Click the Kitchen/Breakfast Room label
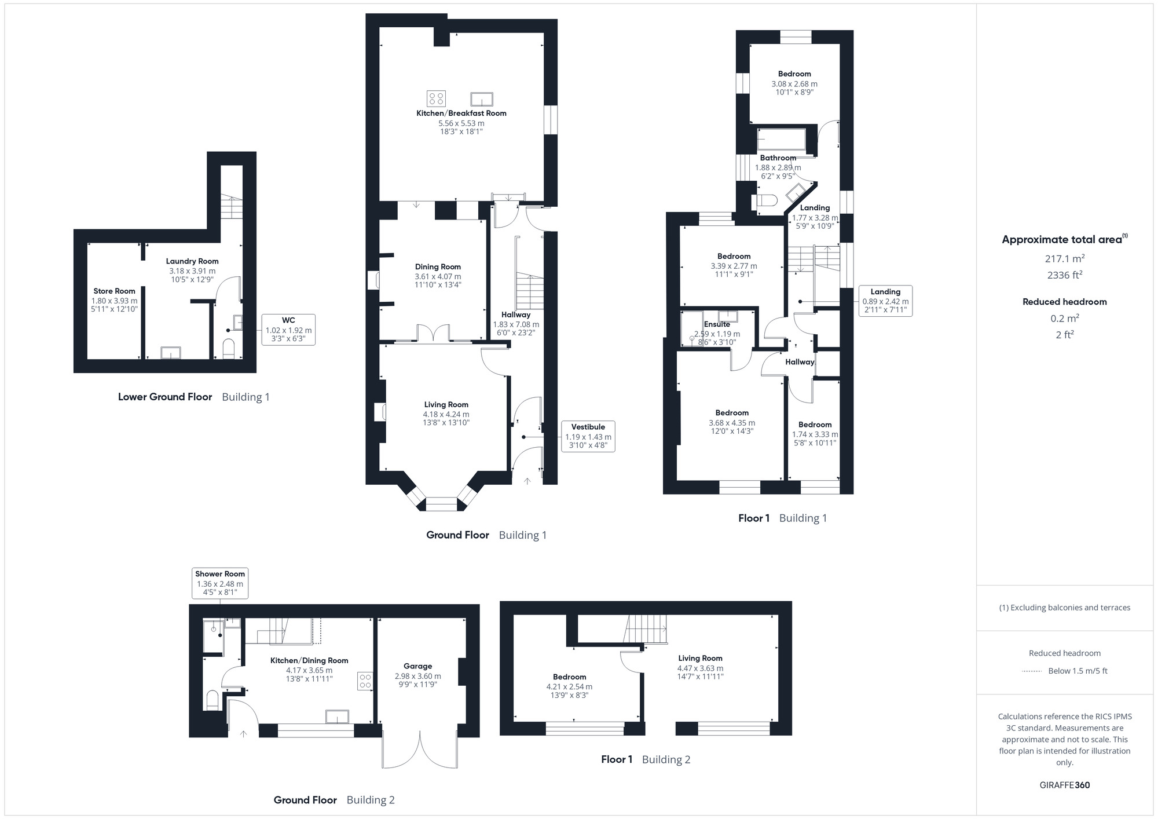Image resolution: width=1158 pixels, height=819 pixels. (x=461, y=113)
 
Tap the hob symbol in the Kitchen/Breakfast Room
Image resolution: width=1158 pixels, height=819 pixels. (x=436, y=99)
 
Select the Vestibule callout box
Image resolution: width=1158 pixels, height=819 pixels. (x=588, y=436)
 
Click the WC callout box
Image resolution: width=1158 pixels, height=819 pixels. (x=288, y=330)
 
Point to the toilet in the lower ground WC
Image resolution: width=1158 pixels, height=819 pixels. (x=229, y=349)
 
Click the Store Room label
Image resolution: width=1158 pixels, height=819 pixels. (x=114, y=291)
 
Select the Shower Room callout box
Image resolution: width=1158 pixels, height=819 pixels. (x=219, y=583)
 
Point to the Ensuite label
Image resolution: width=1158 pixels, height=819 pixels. (x=717, y=324)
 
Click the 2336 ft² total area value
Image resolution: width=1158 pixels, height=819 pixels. (x=1064, y=275)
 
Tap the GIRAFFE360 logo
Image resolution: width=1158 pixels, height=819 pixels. (x=1064, y=785)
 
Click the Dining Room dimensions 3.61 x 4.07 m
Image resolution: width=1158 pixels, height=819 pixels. (x=438, y=276)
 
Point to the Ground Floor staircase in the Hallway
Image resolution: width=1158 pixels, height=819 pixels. (x=529, y=291)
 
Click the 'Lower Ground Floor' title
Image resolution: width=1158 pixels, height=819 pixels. (x=165, y=397)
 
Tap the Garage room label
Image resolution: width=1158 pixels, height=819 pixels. (x=417, y=666)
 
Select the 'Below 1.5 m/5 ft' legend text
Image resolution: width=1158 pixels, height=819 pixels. (x=1078, y=671)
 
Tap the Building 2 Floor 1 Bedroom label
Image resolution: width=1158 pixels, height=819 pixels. (x=569, y=677)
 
